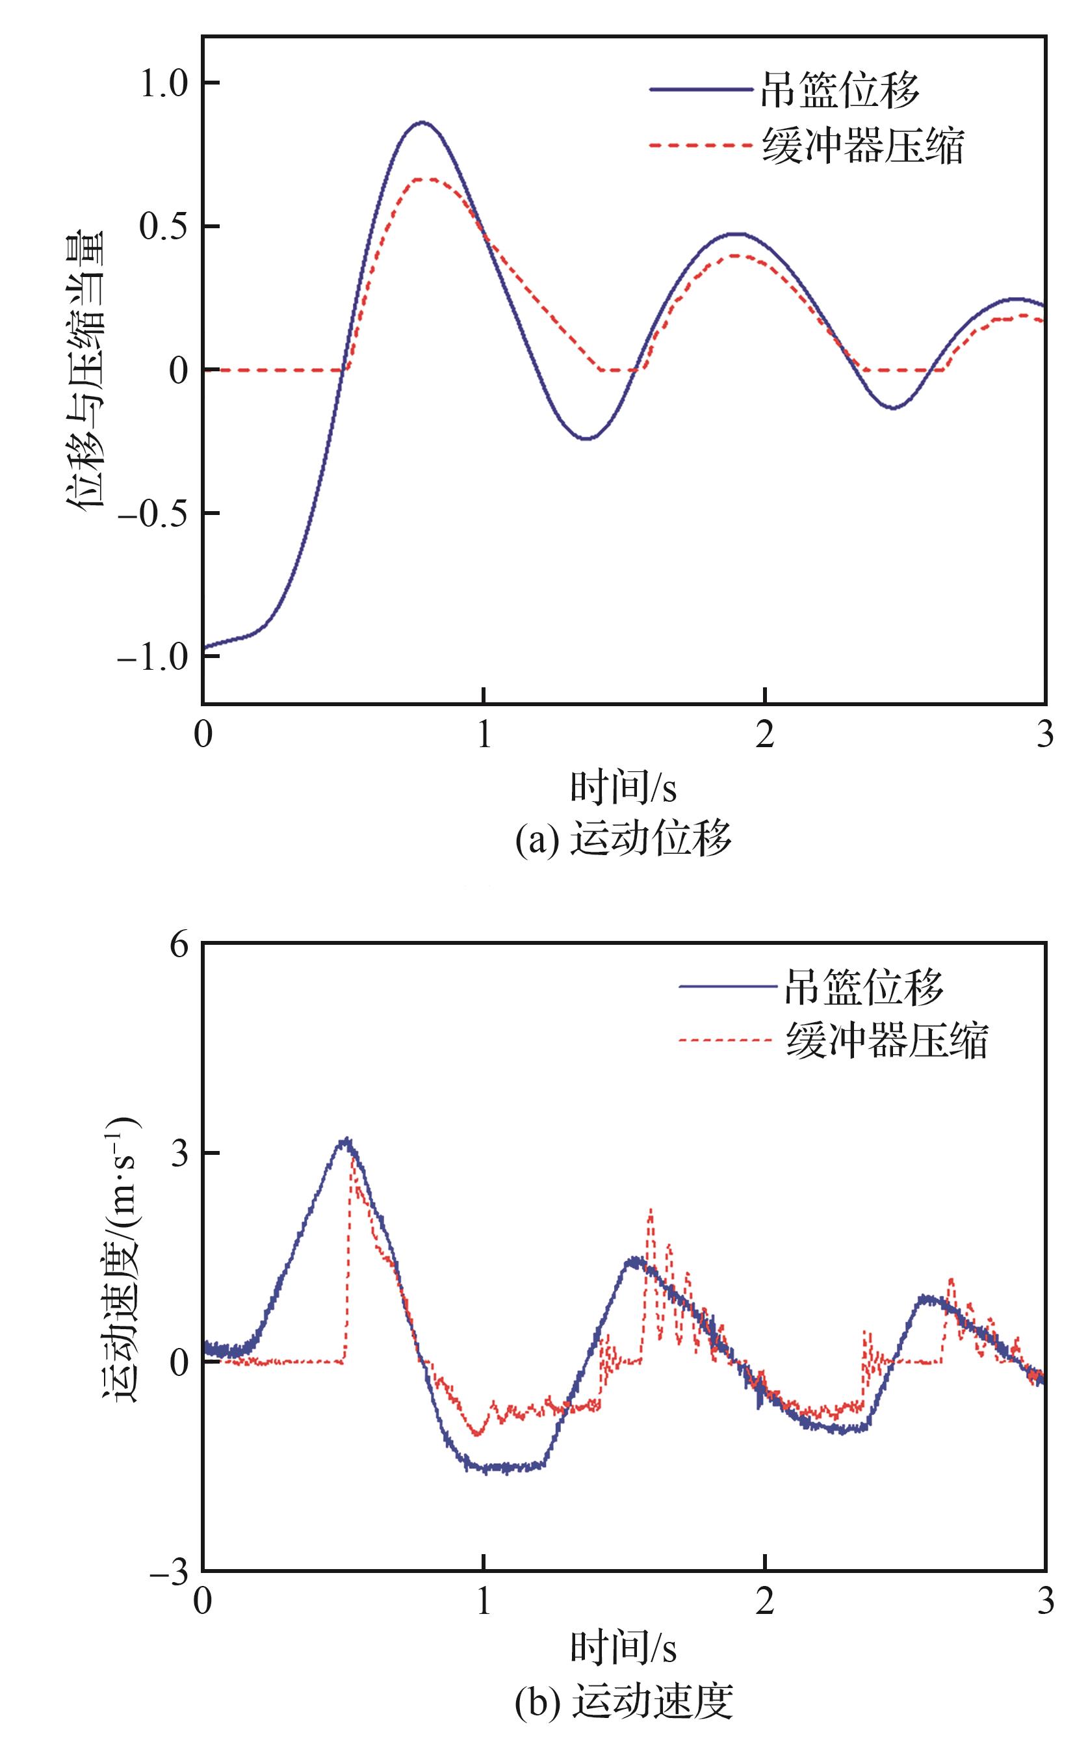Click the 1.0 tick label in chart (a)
point(163,85)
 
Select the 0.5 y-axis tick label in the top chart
point(163,228)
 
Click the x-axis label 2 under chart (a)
point(764,734)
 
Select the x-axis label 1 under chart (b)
point(484,1602)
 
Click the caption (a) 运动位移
point(623,840)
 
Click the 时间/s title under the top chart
point(623,787)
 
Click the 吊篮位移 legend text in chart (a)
point(840,90)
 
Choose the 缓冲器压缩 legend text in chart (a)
point(863,146)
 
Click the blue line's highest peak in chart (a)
point(422,122)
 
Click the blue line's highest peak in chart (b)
point(346,1139)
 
